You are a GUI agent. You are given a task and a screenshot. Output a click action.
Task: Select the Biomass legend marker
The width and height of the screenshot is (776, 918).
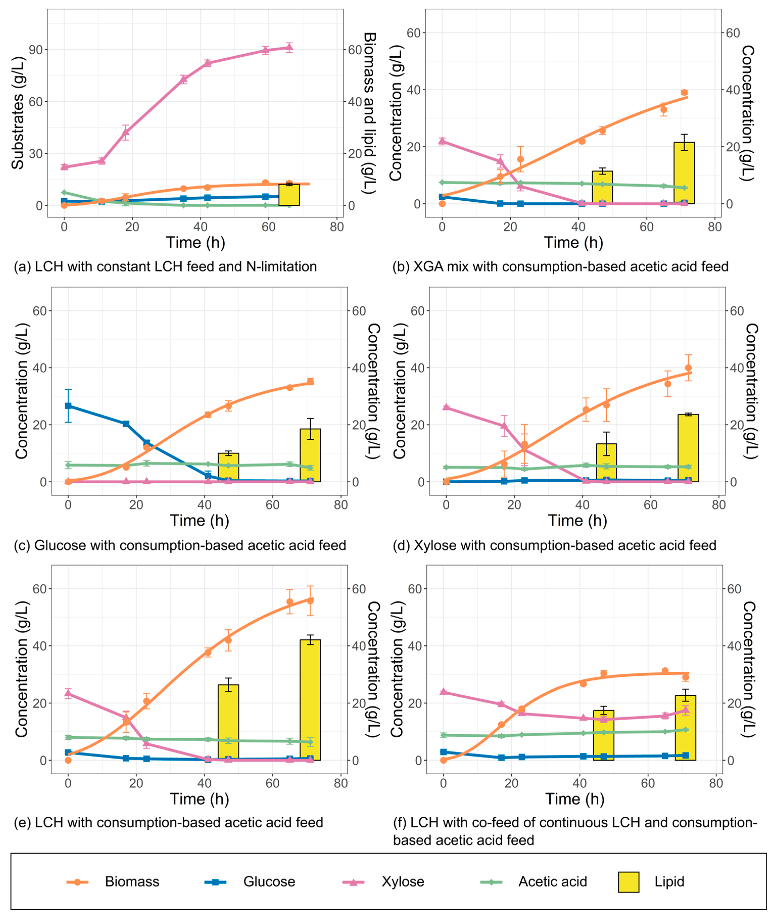78,882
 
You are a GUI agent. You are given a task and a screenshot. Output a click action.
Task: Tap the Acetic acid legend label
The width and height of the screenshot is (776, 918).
552,882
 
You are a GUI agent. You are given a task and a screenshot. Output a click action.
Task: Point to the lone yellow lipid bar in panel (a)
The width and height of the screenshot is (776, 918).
289,195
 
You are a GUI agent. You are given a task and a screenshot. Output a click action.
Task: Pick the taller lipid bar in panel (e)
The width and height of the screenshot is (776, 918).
310,700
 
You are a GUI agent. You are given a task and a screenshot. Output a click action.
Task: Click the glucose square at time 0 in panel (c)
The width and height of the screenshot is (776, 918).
68,406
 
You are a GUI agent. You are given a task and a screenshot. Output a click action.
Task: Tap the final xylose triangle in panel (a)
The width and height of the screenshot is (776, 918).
289,48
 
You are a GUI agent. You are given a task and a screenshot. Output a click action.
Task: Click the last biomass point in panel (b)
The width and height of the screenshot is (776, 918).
684,92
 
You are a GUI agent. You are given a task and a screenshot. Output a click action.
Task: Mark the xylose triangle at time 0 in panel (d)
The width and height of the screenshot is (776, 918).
446,407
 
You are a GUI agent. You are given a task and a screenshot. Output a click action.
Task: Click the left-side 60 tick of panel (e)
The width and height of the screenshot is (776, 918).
40,589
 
